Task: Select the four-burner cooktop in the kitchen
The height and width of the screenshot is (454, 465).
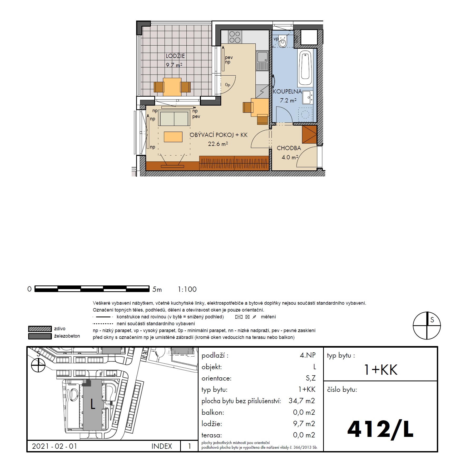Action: [x=235, y=37]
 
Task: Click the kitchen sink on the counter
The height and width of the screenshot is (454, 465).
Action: [x=262, y=61]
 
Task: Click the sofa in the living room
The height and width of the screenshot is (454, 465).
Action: [x=174, y=118]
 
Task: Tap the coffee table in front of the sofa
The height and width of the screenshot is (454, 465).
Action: [x=173, y=137]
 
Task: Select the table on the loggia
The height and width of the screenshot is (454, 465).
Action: [x=172, y=87]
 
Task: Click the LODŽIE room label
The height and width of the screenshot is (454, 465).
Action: [x=175, y=56]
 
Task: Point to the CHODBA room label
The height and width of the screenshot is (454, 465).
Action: [x=289, y=148]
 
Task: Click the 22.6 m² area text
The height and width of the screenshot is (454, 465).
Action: [x=218, y=144]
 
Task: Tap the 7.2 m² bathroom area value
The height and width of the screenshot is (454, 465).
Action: [x=288, y=100]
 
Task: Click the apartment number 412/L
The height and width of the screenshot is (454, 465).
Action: [x=380, y=429]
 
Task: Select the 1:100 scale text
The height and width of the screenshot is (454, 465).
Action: [x=187, y=289]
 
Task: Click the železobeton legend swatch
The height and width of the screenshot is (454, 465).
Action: [x=40, y=336]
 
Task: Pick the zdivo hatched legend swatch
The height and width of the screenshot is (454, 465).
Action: [x=40, y=329]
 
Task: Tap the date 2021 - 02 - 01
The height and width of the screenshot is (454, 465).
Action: [x=55, y=446]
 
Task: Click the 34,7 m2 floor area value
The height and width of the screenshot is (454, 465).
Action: [x=302, y=401]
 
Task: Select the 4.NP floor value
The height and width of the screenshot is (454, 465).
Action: [x=308, y=355]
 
